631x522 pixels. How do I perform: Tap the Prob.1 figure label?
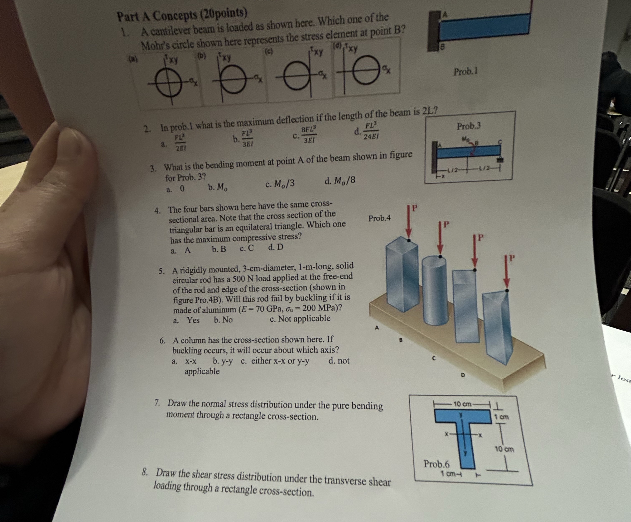coord(466,72)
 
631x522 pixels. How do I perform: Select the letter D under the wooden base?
coord(463,375)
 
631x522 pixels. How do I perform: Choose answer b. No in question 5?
coord(223,320)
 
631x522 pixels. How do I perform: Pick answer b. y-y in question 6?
coord(222,361)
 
